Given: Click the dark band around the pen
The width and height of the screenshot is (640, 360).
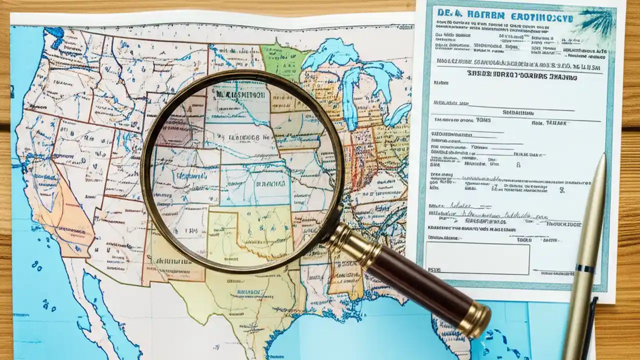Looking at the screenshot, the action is (585, 268).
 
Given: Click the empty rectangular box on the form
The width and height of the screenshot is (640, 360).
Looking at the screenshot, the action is (477, 258).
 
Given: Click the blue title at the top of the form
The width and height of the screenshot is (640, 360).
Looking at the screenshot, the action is (505, 15).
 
